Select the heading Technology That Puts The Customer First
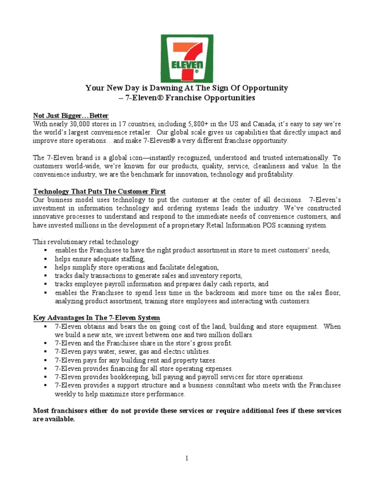point(99,191)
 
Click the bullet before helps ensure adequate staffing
point(45,259)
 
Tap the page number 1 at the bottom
point(187,458)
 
